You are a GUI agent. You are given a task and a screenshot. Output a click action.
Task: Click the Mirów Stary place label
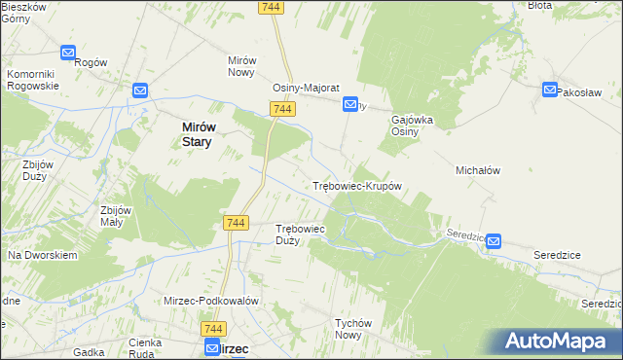[198, 133]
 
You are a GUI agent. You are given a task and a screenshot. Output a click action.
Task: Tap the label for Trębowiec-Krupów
[357, 186]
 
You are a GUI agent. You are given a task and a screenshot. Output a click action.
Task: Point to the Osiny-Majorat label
[305, 87]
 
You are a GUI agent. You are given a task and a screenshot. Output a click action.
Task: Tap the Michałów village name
[478, 170]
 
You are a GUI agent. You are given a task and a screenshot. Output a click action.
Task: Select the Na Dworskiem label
[42, 255]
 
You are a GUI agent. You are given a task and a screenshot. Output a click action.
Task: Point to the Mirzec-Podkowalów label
[210, 302]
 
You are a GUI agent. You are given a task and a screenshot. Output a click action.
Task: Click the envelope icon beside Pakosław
[550, 90]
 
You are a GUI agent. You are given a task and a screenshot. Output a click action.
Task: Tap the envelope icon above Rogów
[68, 53]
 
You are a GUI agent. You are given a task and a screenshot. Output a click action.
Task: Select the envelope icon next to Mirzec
[211, 347]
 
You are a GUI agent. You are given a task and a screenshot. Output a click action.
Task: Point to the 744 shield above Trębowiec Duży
[235, 223]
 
